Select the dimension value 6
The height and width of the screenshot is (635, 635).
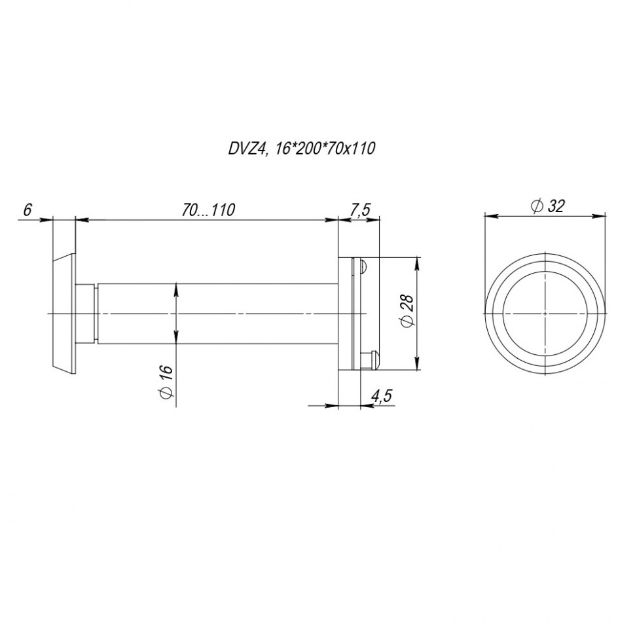point(27,209)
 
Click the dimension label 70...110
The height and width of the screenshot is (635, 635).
point(208,209)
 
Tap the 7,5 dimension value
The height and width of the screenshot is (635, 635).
point(359,209)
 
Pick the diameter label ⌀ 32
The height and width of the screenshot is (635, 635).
point(547,206)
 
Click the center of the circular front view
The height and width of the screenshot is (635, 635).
point(545,314)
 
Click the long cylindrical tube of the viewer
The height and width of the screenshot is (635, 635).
point(216,314)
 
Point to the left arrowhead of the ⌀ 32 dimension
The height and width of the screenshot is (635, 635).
point(488,213)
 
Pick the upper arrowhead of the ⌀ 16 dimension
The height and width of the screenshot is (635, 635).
point(176,287)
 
